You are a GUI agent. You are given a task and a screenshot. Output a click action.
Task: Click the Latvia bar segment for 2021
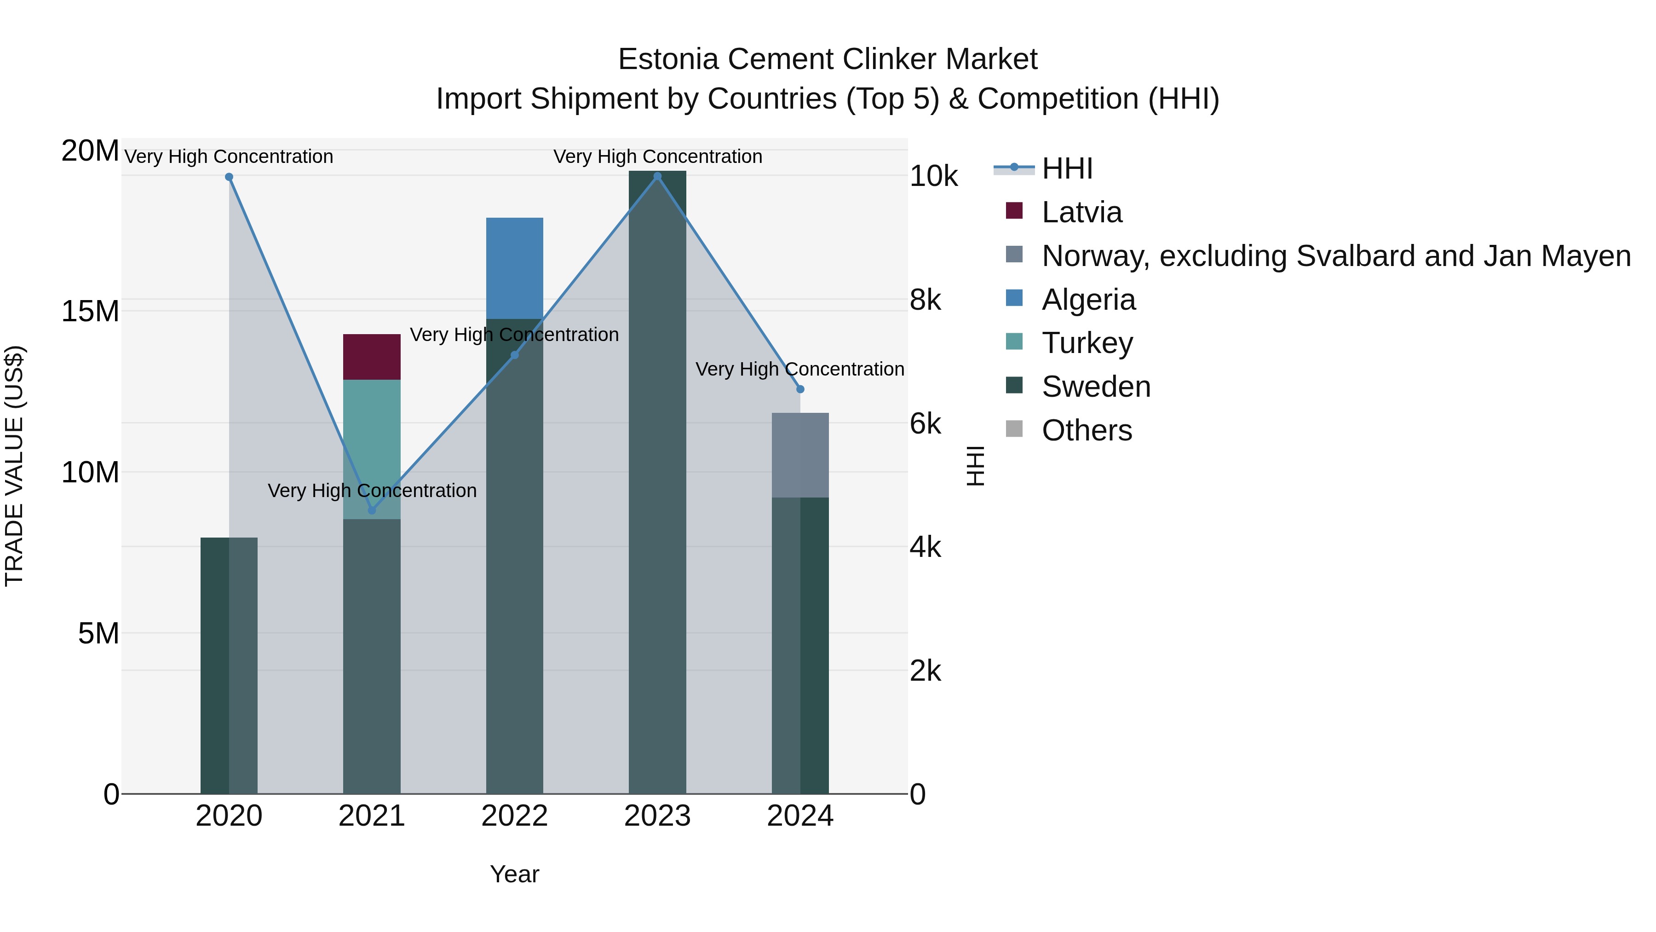coord(372,357)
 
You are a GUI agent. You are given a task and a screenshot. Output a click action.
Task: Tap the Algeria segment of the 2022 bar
coord(514,268)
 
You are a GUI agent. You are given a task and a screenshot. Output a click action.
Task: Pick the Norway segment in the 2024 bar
coord(800,455)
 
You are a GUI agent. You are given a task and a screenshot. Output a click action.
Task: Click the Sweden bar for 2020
coord(229,665)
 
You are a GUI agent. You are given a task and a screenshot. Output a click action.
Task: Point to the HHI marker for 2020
coord(229,177)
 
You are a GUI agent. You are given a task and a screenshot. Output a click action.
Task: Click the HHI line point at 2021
coord(372,510)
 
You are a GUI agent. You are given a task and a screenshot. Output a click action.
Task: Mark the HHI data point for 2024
coord(800,389)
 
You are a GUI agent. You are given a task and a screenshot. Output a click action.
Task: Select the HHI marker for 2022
coord(514,355)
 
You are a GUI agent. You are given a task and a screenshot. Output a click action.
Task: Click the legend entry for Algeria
coord(1088,300)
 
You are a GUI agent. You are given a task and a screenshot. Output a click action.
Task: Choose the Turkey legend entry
coord(1087,343)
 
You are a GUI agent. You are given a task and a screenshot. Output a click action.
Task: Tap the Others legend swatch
coord(1014,429)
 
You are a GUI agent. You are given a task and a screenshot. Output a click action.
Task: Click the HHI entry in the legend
coord(1067,168)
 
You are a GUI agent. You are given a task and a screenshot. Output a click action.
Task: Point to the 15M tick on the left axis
coord(90,311)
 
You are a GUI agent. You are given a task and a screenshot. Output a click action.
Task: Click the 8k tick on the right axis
coord(925,300)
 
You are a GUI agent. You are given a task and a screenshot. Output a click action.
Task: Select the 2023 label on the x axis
coord(657,816)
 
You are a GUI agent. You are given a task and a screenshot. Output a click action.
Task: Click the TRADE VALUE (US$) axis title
coord(14,466)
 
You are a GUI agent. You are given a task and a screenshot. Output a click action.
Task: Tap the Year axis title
coord(514,874)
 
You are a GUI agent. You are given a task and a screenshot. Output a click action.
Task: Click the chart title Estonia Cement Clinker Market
coord(828,59)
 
